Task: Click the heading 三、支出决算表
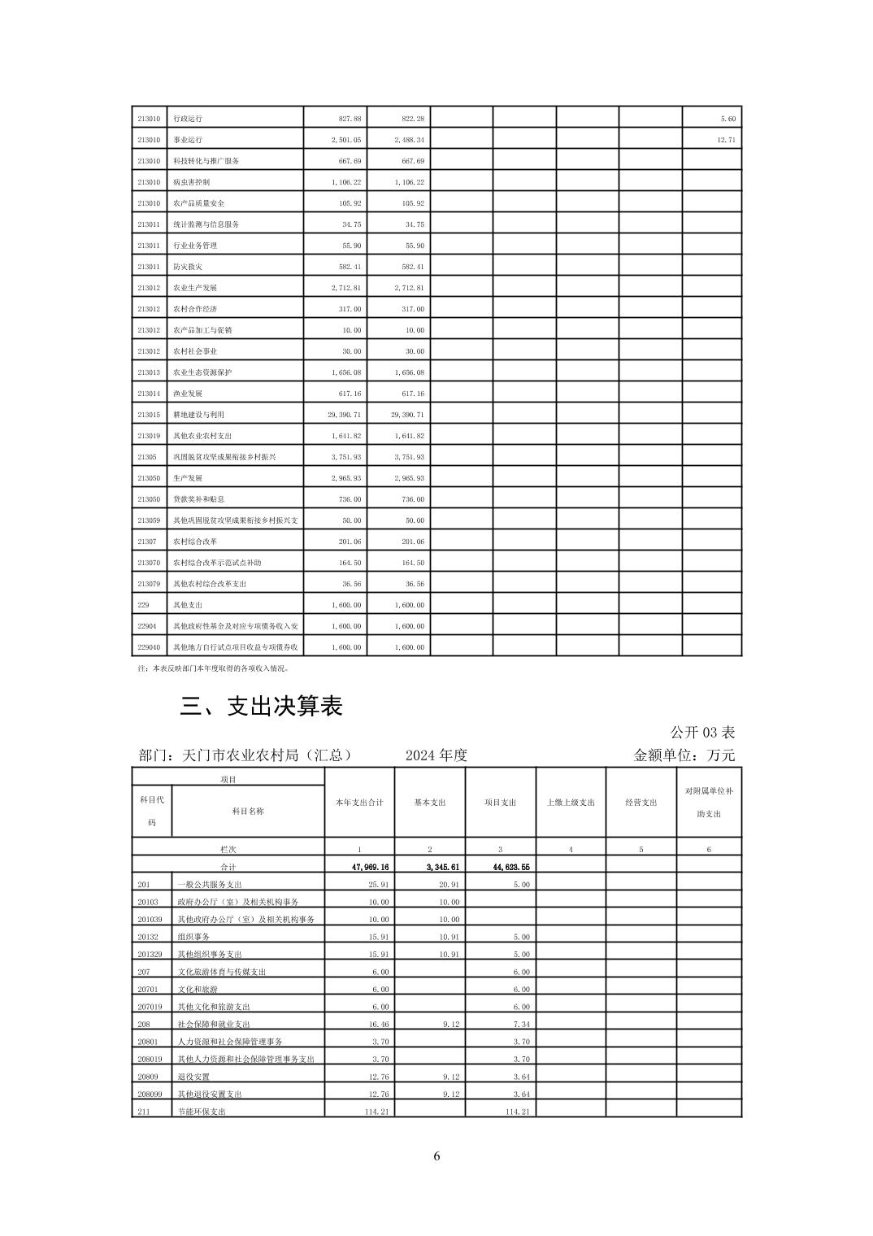point(261,706)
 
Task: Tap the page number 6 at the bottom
point(436,1156)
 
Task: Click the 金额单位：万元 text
point(684,755)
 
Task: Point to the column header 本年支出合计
point(359,803)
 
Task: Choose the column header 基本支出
point(430,803)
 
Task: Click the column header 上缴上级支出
point(571,803)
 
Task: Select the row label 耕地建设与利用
point(198,415)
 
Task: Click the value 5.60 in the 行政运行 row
point(727,119)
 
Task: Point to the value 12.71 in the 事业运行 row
point(726,140)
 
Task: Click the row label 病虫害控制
point(191,182)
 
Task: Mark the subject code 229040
point(149,647)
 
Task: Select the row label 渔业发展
point(188,394)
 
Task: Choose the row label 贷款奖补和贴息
point(198,499)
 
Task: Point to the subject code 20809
point(148,1077)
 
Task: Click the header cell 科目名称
point(248,811)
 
